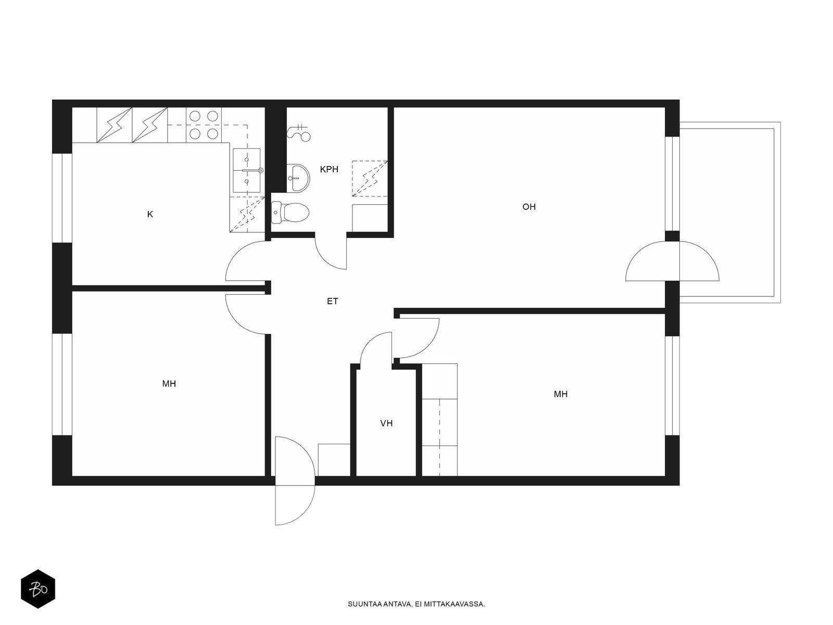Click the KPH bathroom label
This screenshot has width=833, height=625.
click(329, 169)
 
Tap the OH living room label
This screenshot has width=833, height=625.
click(528, 207)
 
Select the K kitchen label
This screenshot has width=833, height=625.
click(150, 215)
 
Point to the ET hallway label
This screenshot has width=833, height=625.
click(332, 302)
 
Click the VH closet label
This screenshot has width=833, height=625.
click(386, 423)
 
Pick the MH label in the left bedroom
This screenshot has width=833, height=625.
click(169, 384)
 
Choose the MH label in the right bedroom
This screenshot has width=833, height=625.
click(561, 394)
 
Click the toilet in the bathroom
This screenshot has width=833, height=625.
click(291, 213)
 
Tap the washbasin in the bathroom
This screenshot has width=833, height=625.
click(298, 178)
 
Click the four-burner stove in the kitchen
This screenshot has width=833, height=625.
click(204, 125)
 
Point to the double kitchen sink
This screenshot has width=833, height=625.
click(247, 170)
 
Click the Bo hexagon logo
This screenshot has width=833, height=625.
click(38, 589)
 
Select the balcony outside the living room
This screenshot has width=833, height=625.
click(729, 213)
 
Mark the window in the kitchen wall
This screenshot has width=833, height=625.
click(62, 198)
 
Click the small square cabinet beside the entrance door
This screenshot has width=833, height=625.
click(334, 459)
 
